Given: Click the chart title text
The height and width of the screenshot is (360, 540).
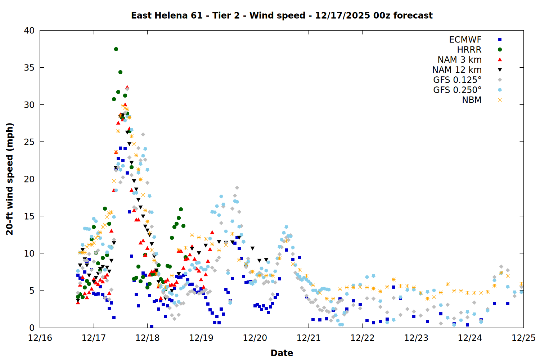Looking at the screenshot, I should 282,15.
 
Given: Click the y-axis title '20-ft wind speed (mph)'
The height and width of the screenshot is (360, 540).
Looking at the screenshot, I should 10,179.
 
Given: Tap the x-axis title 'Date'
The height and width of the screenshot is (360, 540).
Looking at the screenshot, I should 282,353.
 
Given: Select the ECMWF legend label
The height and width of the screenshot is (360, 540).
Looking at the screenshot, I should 465,40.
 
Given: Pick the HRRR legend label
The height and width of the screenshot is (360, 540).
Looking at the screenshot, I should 469,50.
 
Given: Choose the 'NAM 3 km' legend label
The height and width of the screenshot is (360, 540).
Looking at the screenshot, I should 459,60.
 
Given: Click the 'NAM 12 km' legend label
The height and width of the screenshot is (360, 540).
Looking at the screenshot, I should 457,70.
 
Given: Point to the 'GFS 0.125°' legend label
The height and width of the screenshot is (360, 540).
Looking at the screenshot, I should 457,80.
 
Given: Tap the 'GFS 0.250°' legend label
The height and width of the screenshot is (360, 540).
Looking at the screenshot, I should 457,90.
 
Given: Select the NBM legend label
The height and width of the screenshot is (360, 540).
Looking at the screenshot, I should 472,100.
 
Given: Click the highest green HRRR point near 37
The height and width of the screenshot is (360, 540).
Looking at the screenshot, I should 116,49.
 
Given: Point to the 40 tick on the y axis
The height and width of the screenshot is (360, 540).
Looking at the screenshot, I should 29,31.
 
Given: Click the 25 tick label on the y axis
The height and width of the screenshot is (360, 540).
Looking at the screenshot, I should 29,142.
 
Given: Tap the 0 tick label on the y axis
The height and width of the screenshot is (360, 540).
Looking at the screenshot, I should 32,328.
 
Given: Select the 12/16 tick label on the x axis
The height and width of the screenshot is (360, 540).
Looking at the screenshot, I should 40,338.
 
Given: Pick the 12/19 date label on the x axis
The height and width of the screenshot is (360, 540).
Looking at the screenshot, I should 201,338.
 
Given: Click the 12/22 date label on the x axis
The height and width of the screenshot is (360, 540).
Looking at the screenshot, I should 362,338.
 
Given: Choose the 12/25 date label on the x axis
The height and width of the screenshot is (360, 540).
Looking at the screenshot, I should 523,338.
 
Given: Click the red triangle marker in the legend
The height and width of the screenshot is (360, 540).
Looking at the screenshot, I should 500,60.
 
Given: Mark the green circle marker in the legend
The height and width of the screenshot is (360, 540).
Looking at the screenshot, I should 500,50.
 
